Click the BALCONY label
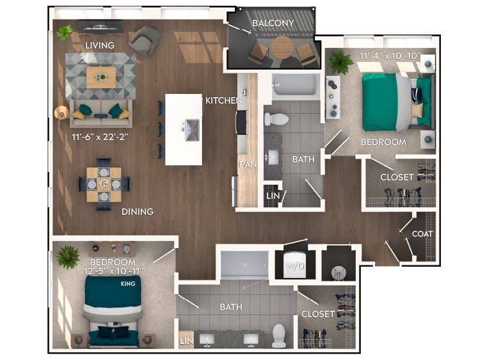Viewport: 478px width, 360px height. point(273,24)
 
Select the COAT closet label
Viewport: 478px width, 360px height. point(422,234)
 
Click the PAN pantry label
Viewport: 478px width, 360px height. point(248,164)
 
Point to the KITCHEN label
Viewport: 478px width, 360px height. point(223,100)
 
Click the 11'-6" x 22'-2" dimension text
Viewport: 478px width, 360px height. point(102,136)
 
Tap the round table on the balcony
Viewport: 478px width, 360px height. point(281,47)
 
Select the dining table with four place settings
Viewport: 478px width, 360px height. point(104,184)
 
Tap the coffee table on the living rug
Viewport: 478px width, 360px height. point(101,77)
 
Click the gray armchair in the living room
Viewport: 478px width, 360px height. point(145,41)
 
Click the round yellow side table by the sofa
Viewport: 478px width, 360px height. point(61,113)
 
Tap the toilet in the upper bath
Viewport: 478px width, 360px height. point(277,118)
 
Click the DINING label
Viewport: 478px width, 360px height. point(138,212)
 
